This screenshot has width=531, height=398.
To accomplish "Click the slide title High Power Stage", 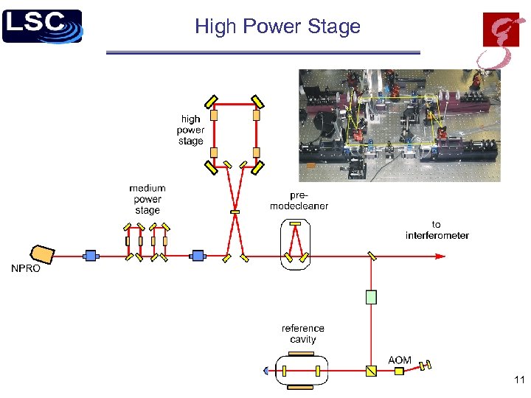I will coord(277,27).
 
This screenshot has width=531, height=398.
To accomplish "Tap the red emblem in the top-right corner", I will coord(501,40).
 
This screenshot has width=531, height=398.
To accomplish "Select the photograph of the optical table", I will coord(399,125).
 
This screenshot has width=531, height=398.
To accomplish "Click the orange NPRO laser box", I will coord(44,254).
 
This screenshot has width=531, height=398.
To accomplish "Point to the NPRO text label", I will coord(26,269).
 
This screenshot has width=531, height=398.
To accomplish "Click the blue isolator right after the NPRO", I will coord(91,256).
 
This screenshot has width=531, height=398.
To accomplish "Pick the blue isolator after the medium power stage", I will coord(198,256).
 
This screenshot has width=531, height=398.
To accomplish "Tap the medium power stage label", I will coord(147,199).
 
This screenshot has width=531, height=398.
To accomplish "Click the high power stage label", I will coord(190,130).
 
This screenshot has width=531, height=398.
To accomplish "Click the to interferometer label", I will coord(437,230).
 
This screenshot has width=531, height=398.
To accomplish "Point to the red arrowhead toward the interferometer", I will coord(440,256).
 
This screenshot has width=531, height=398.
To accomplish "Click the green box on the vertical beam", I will coord(371,297).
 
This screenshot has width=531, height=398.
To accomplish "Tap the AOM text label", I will coord(400,360).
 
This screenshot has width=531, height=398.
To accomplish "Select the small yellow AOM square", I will coord(399,371).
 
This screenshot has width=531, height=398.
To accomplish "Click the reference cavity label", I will coord(302,334).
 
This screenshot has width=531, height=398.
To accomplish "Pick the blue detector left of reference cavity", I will coord(266,371).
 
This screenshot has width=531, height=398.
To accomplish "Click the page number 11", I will coord(518,380).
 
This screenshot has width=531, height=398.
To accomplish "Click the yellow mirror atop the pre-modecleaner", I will coord(296,223).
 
